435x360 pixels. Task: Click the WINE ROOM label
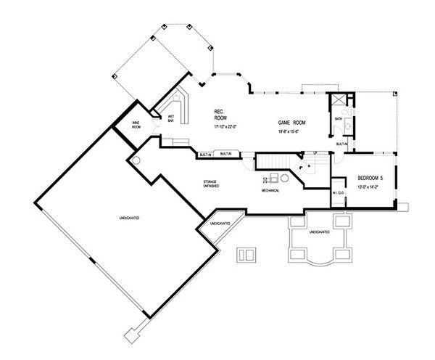tap(136, 125)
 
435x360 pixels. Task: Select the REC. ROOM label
tap(220, 114)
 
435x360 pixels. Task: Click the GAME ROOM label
tap(291, 124)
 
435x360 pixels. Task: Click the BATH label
tap(339, 118)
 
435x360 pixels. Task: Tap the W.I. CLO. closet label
tap(338, 193)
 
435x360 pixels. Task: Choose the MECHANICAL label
tap(271, 191)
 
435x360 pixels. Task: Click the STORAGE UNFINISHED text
tap(212, 184)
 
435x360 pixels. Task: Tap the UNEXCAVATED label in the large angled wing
tap(128, 218)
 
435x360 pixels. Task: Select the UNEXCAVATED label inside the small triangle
tap(220, 224)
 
